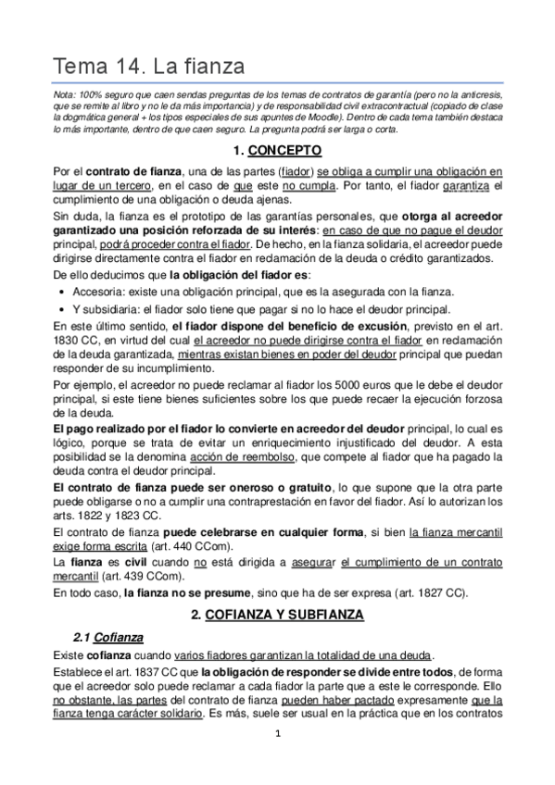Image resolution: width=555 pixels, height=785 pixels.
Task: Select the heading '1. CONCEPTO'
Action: click(x=277, y=149)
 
